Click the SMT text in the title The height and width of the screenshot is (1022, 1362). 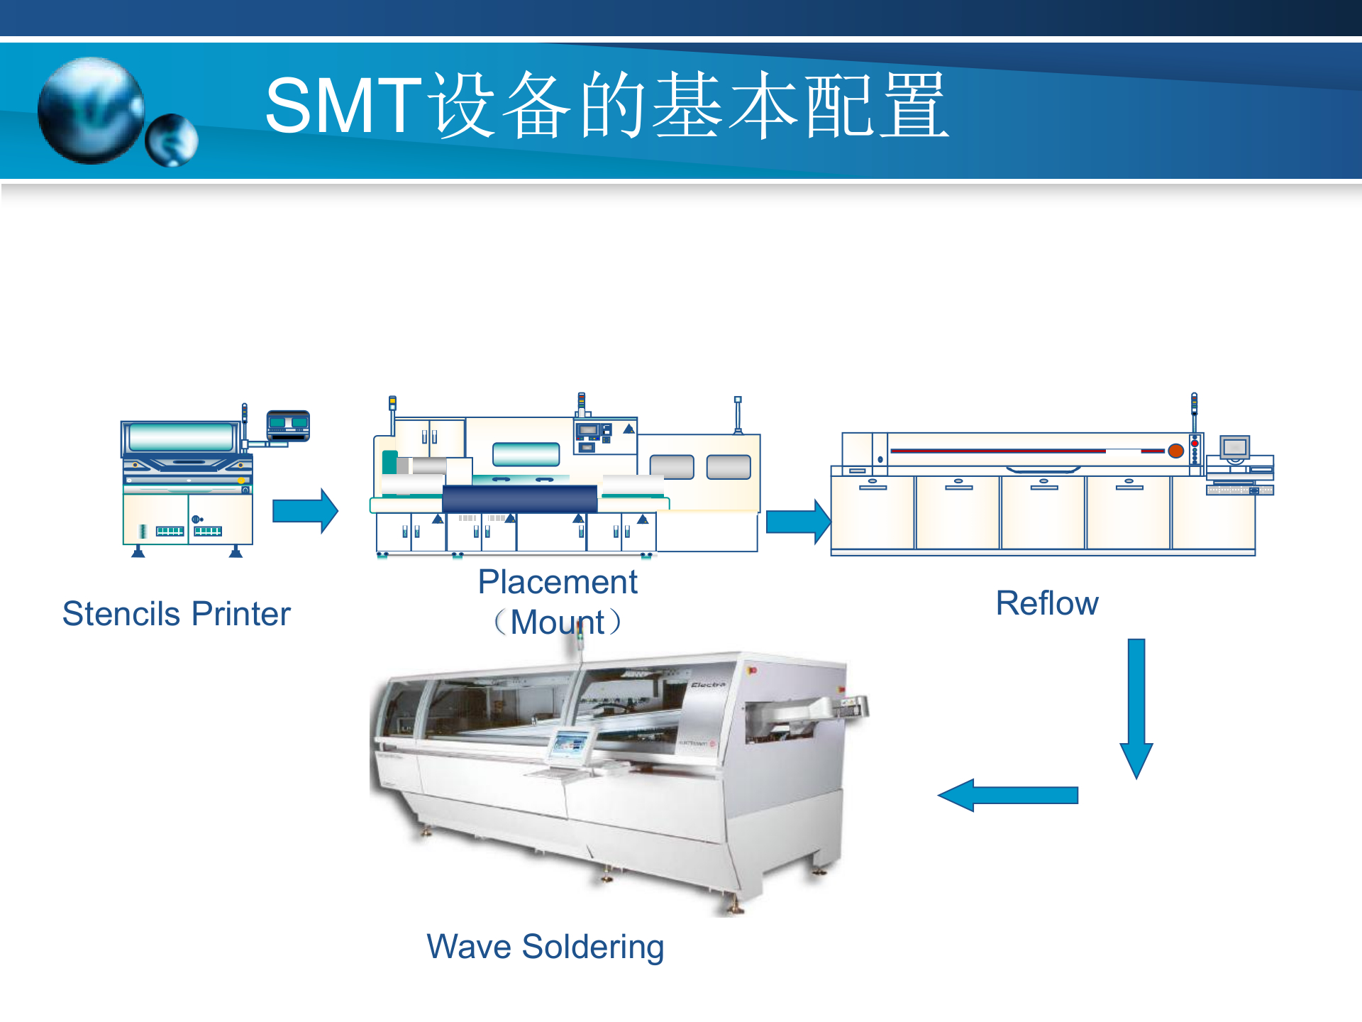click(x=343, y=106)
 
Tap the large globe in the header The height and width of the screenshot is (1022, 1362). click(x=91, y=110)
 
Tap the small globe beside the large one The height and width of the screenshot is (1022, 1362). click(x=172, y=140)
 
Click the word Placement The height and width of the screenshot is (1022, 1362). click(x=558, y=583)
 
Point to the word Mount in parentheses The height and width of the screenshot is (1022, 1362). click(x=558, y=623)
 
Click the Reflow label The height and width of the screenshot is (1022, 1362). click(x=1047, y=604)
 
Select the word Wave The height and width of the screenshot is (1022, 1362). click(x=469, y=947)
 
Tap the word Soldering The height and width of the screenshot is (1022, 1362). click(x=593, y=947)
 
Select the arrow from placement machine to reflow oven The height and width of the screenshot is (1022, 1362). click(x=798, y=522)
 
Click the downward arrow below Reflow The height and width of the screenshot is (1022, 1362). click(x=1136, y=706)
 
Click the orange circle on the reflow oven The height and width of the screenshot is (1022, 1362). click(x=1175, y=451)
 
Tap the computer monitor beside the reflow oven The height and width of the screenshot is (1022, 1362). click(x=1235, y=448)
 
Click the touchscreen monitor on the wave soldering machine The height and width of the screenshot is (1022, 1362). click(x=570, y=746)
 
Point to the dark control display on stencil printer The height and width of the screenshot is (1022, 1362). click(x=288, y=425)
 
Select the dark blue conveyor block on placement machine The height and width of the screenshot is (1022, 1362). click(x=520, y=499)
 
